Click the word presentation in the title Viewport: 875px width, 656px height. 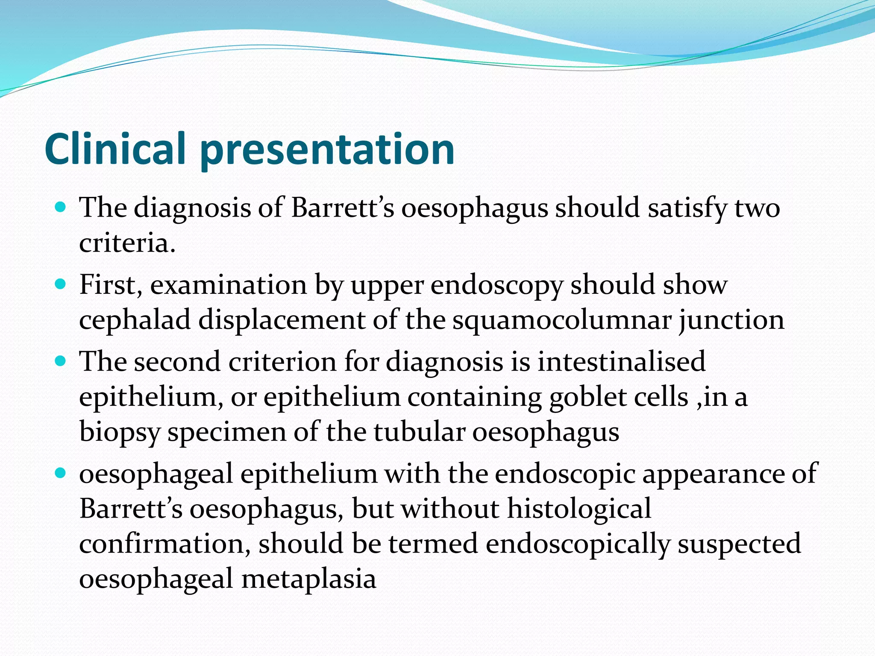click(327, 150)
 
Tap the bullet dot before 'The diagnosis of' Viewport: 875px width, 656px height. click(61, 208)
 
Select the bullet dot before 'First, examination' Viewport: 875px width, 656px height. click(61, 284)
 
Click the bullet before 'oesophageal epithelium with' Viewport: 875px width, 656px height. click(61, 473)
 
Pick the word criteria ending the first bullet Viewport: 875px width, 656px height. click(127, 243)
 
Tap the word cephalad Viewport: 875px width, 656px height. click(135, 320)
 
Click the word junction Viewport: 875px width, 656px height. click(731, 320)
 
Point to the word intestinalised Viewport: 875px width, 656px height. click(621, 362)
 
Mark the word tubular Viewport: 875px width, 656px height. click(419, 432)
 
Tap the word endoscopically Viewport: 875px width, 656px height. click(578, 545)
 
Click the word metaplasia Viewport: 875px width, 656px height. click(308, 579)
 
